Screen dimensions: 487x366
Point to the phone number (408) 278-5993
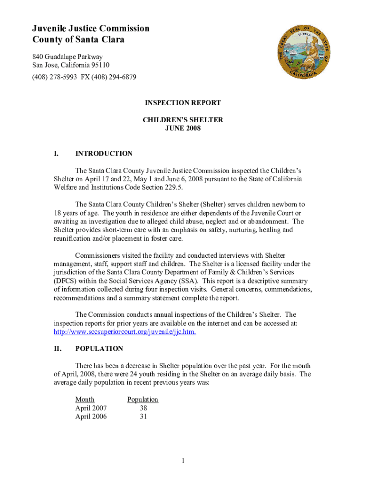click(54, 77)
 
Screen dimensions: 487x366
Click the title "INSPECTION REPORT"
click(183, 103)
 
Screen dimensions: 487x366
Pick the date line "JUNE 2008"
click(183, 128)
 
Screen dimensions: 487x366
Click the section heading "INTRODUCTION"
click(104, 154)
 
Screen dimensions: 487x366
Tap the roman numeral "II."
click(58, 349)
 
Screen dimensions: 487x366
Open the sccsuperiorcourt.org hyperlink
click(125, 331)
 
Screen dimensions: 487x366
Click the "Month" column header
click(85, 399)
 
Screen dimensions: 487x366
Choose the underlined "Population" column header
click(143, 399)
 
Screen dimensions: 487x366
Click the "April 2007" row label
click(91, 408)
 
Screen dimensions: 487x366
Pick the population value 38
click(143, 408)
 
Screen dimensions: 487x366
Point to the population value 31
click(143, 417)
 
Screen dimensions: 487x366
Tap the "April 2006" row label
click(91, 417)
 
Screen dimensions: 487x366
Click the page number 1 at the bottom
click(183, 460)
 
